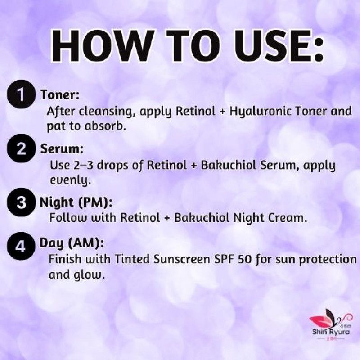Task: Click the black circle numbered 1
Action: pos(21,94)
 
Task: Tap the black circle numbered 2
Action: pos(21,148)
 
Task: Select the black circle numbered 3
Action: pos(21,202)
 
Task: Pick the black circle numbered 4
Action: pos(21,246)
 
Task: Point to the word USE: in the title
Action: pos(278,46)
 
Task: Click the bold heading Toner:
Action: pos(60,94)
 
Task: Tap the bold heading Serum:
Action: pos(62,149)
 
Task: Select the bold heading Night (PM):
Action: pos(76,202)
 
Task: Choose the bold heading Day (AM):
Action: pos(72,243)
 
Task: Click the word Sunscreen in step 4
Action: pos(182,259)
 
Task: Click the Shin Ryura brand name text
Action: pos(331,332)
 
